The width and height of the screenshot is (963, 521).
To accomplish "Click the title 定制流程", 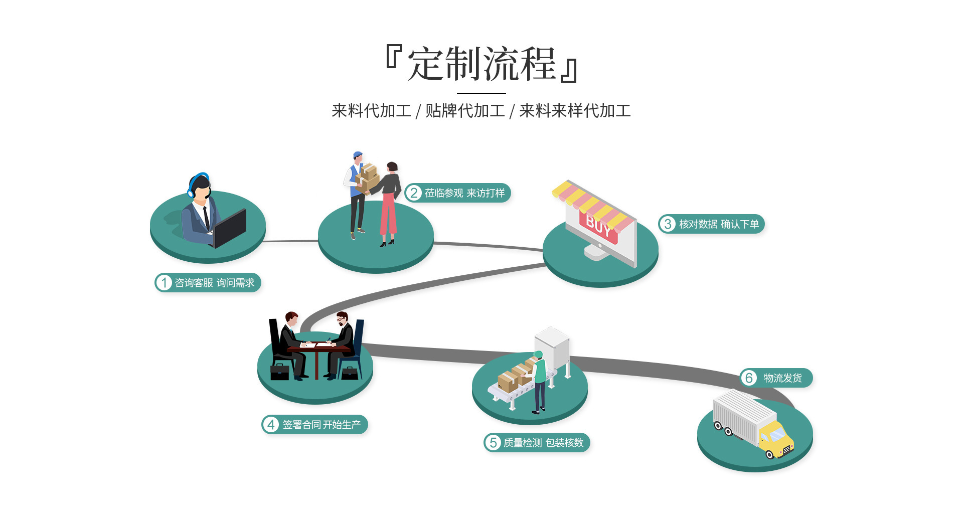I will pyautogui.click(x=481, y=64).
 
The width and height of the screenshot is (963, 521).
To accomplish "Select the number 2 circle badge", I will pyautogui.click(x=414, y=193).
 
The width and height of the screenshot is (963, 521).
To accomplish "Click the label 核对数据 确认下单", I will pyautogui.click(x=718, y=224).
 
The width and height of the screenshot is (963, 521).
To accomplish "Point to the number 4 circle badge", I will pyautogui.click(x=271, y=425).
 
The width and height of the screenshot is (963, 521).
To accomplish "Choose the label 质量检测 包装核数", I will pyautogui.click(x=543, y=443).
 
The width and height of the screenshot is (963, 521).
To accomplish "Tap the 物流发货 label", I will pyautogui.click(x=782, y=378).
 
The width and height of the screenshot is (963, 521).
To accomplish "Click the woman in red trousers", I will pyautogui.click(x=389, y=206).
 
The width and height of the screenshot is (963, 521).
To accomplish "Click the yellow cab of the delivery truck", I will pyautogui.click(x=775, y=438).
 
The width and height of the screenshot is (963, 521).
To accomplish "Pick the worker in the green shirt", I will pyautogui.click(x=539, y=381).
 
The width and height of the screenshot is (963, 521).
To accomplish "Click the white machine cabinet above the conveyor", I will pyautogui.click(x=552, y=347).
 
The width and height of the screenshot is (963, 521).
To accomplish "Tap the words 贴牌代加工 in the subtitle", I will pyautogui.click(x=465, y=111).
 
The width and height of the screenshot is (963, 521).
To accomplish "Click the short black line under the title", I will pyautogui.click(x=481, y=93).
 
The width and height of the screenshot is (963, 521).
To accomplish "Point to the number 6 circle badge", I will pyautogui.click(x=749, y=378).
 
